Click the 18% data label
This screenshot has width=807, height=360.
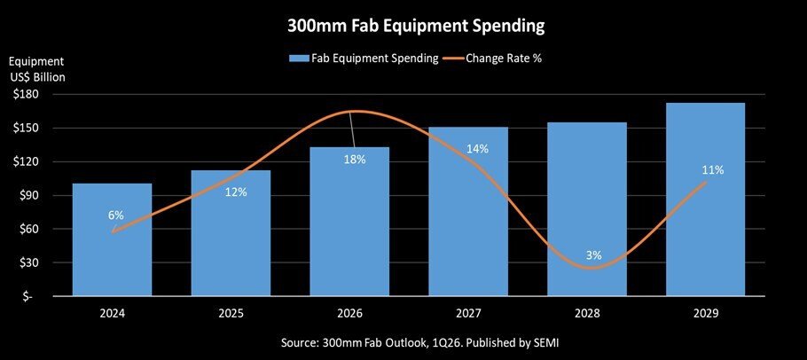(354, 159)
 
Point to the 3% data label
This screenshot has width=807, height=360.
(593, 255)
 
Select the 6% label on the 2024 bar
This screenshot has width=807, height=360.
(115, 215)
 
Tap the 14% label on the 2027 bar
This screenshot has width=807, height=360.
(477, 149)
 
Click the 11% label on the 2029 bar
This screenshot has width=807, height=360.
(712, 169)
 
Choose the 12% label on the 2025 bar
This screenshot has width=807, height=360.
(235, 192)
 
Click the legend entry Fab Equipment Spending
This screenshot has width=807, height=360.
(373, 59)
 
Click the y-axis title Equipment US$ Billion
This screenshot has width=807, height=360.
(37, 69)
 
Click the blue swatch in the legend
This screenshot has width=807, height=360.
(298, 59)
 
